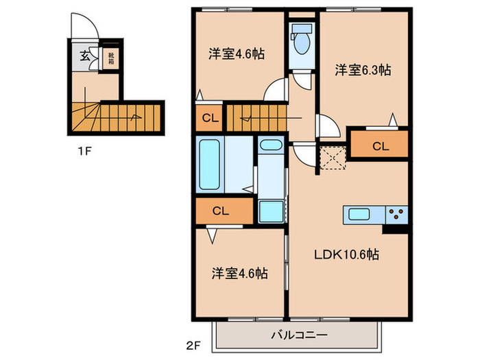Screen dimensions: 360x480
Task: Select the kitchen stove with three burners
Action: coord(396,214)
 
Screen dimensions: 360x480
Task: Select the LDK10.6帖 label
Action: coord(346,254)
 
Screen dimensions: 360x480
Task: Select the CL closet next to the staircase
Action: coord(210,119)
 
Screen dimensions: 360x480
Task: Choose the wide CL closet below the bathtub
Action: coord(221,211)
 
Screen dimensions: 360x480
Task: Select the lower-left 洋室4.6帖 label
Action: coord(239,273)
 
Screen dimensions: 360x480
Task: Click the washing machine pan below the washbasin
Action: coord(272,211)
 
